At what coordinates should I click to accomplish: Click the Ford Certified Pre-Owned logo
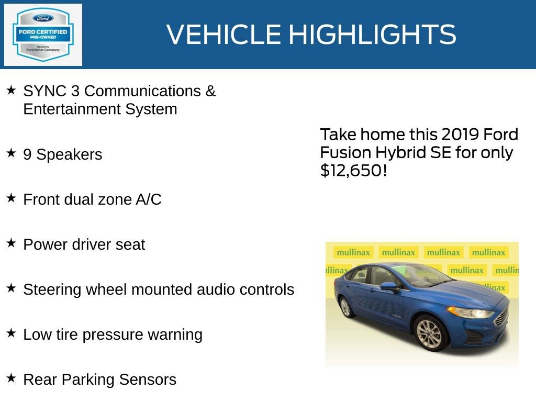click(x=43, y=35)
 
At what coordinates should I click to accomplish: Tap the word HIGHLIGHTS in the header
click(x=372, y=35)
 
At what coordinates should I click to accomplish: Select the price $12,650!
click(x=353, y=170)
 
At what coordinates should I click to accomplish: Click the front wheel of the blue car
click(x=431, y=332)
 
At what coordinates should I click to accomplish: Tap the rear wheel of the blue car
click(x=346, y=307)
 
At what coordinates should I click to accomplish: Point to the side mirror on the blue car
click(x=388, y=286)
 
